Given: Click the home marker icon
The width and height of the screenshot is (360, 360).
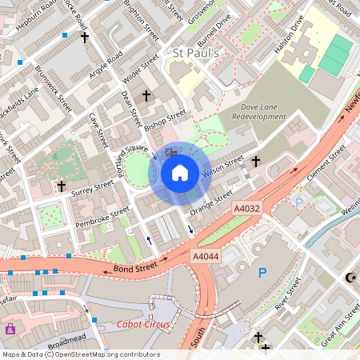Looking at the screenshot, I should click(180, 172).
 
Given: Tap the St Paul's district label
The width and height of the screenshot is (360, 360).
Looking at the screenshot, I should click(196, 53).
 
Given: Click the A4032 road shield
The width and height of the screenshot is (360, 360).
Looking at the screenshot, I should click(246, 208).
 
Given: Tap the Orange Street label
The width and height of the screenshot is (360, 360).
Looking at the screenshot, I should click(211, 202).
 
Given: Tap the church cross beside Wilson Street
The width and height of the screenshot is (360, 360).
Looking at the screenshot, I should click(256, 162).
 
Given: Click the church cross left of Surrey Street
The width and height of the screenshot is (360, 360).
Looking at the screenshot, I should click(61, 186).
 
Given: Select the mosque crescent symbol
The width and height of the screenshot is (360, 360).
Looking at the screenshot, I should click(350, 277).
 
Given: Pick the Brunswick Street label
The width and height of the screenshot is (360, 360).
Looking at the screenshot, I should click(54, 88).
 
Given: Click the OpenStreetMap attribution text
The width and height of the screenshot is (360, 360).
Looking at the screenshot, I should click(80, 354).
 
